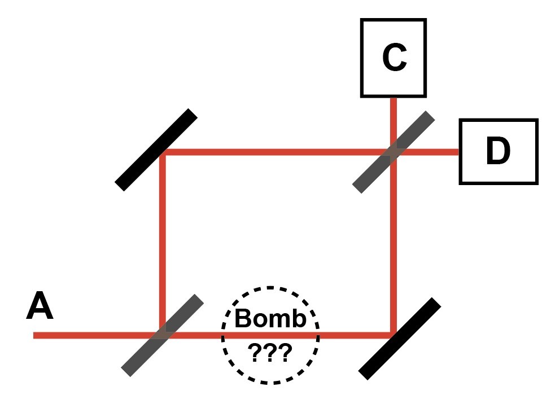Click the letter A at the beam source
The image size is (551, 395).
(x=40, y=305)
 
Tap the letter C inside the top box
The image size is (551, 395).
(x=394, y=58)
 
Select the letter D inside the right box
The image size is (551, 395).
(x=498, y=151)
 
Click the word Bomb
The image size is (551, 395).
(x=270, y=318)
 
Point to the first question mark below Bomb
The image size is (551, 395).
(x=254, y=353)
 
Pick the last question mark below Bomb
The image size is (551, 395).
(x=285, y=353)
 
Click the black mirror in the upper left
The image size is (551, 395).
(x=156, y=150)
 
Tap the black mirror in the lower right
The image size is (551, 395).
(x=400, y=339)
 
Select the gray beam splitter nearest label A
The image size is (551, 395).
(x=163, y=335)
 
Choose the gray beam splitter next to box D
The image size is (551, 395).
(x=393, y=152)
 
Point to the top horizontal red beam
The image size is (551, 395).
(x=278, y=152)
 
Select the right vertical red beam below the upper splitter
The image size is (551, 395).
(x=393, y=244)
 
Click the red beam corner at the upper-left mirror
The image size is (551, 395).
(x=162, y=152)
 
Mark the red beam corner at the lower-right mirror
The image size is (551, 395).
(x=393, y=335)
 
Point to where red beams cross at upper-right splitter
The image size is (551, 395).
(x=393, y=152)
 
